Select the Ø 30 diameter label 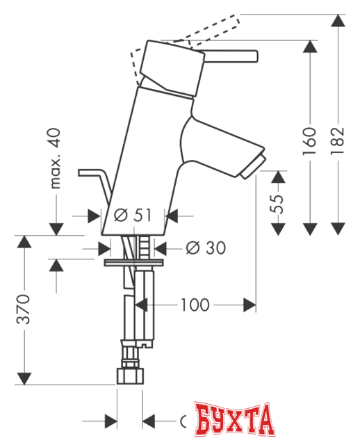coord(206,248)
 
